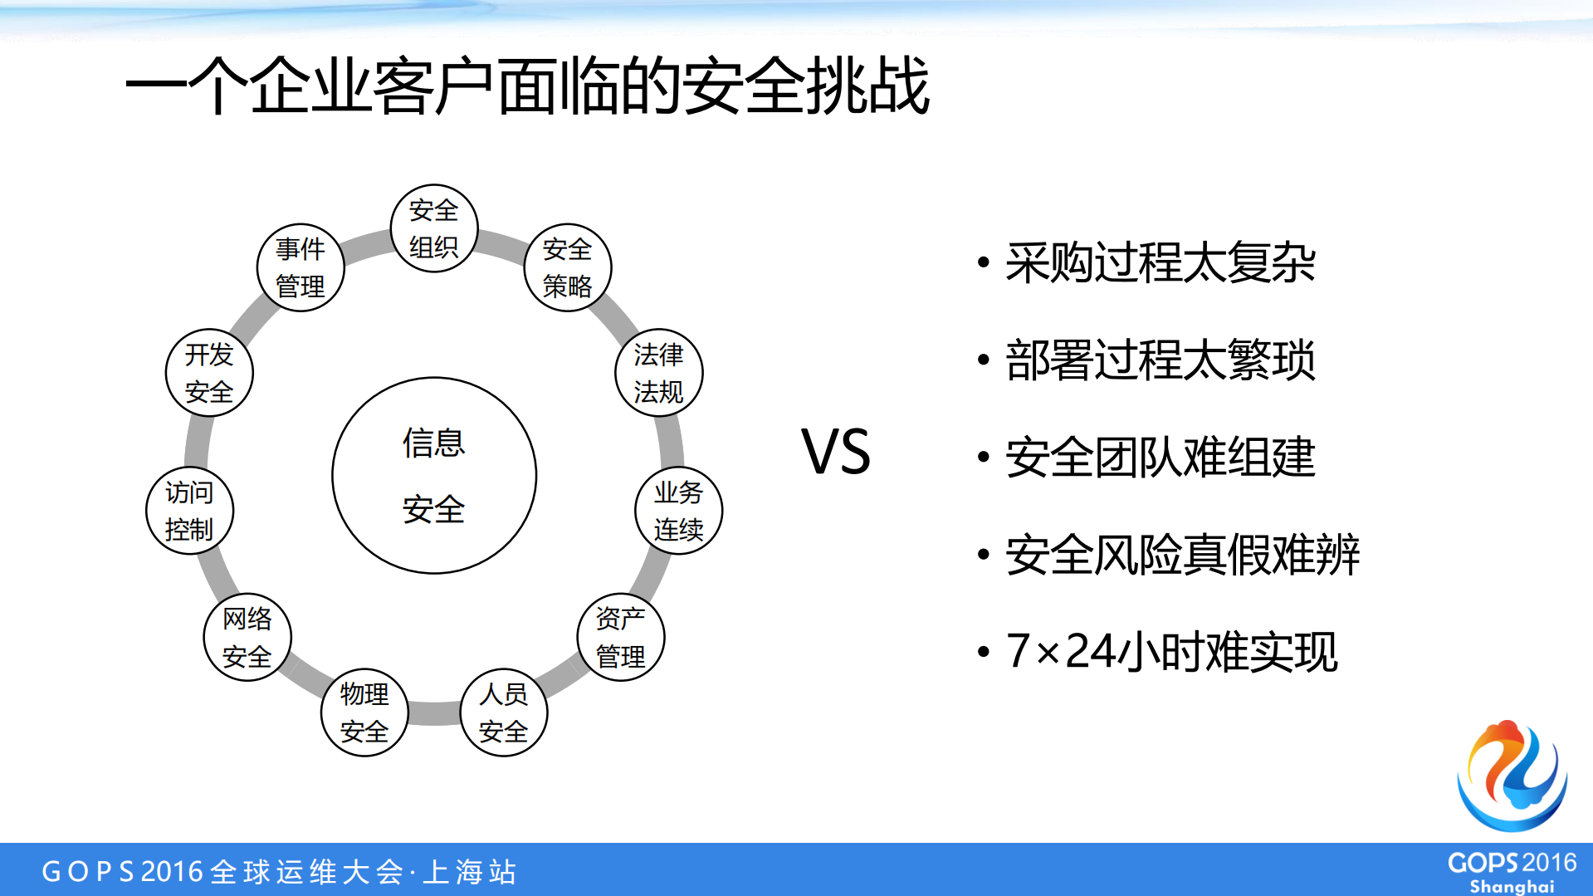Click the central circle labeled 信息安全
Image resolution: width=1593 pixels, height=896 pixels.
[x=434, y=475]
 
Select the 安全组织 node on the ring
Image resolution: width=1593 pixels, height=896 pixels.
[x=434, y=228]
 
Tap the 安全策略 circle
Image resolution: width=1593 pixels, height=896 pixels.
[x=568, y=267]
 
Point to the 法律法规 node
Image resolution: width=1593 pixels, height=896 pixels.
[x=659, y=373]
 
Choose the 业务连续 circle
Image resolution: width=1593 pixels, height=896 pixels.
[x=678, y=511]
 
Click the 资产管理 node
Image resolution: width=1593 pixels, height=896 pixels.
[x=621, y=637]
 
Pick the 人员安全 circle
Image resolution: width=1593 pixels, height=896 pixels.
[x=504, y=712]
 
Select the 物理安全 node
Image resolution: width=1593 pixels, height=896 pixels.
[x=364, y=712]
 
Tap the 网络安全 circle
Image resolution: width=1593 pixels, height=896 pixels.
[x=247, y=637]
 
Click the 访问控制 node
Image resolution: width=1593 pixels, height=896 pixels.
[x=189, y=511]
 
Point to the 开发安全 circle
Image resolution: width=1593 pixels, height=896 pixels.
[x=209, y=373]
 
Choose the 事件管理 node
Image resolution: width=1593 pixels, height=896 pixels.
[x=301, y=267]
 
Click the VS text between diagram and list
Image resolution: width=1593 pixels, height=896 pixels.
[x=836, y=453]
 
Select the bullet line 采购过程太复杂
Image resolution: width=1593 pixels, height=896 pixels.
[x=1160, y=263]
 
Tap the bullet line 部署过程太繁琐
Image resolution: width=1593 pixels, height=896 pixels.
[x=1160, y=360]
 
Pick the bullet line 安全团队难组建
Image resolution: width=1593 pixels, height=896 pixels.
[x=1160, y=458]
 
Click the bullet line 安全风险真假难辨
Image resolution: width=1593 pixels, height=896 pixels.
[x=1182, y=555]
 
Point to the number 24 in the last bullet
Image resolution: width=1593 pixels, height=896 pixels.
[x=1090, y=651]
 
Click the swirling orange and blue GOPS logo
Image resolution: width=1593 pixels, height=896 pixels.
[x=1512, y=776]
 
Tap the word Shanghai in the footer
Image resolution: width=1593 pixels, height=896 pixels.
[x=1512, y=886]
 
